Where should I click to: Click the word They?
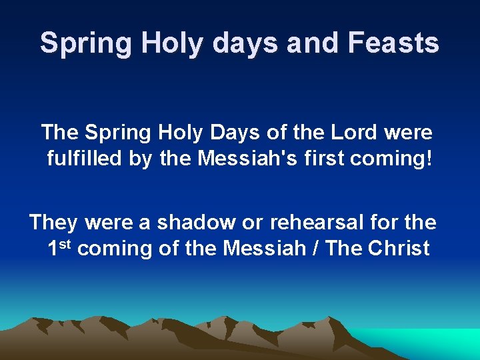[52, 221]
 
